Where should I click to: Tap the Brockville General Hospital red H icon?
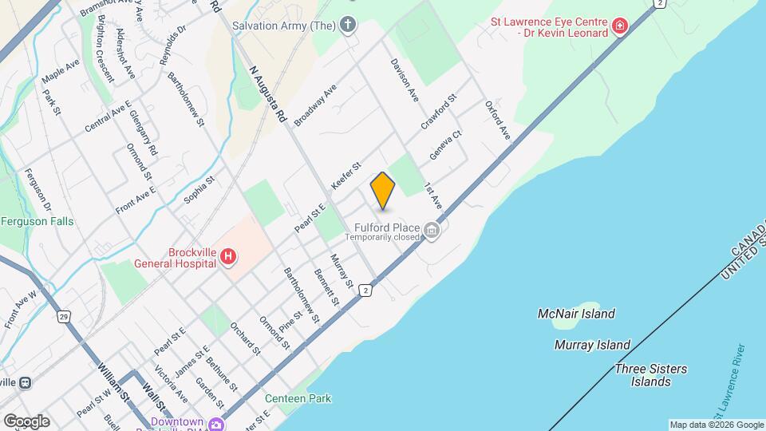(228, 256)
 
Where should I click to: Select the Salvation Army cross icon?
(347, 26)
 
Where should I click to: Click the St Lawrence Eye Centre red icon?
(619, 27)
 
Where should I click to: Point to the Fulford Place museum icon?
(432, 231)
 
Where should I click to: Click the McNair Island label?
(576, 314)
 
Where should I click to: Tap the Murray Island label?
(592, 345)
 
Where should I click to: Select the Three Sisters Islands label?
(650, 375)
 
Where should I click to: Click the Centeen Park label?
(298, 398)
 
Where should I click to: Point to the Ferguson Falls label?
(37, 221)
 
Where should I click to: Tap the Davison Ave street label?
(405, 80)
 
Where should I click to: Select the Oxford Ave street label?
(496, 120)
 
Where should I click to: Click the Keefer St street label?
(346, 176)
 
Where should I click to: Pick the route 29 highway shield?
(62, 317)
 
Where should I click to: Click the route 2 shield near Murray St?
(365, 289)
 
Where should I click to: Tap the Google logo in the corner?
(26, 421)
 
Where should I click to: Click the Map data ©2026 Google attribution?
(716, 425)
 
